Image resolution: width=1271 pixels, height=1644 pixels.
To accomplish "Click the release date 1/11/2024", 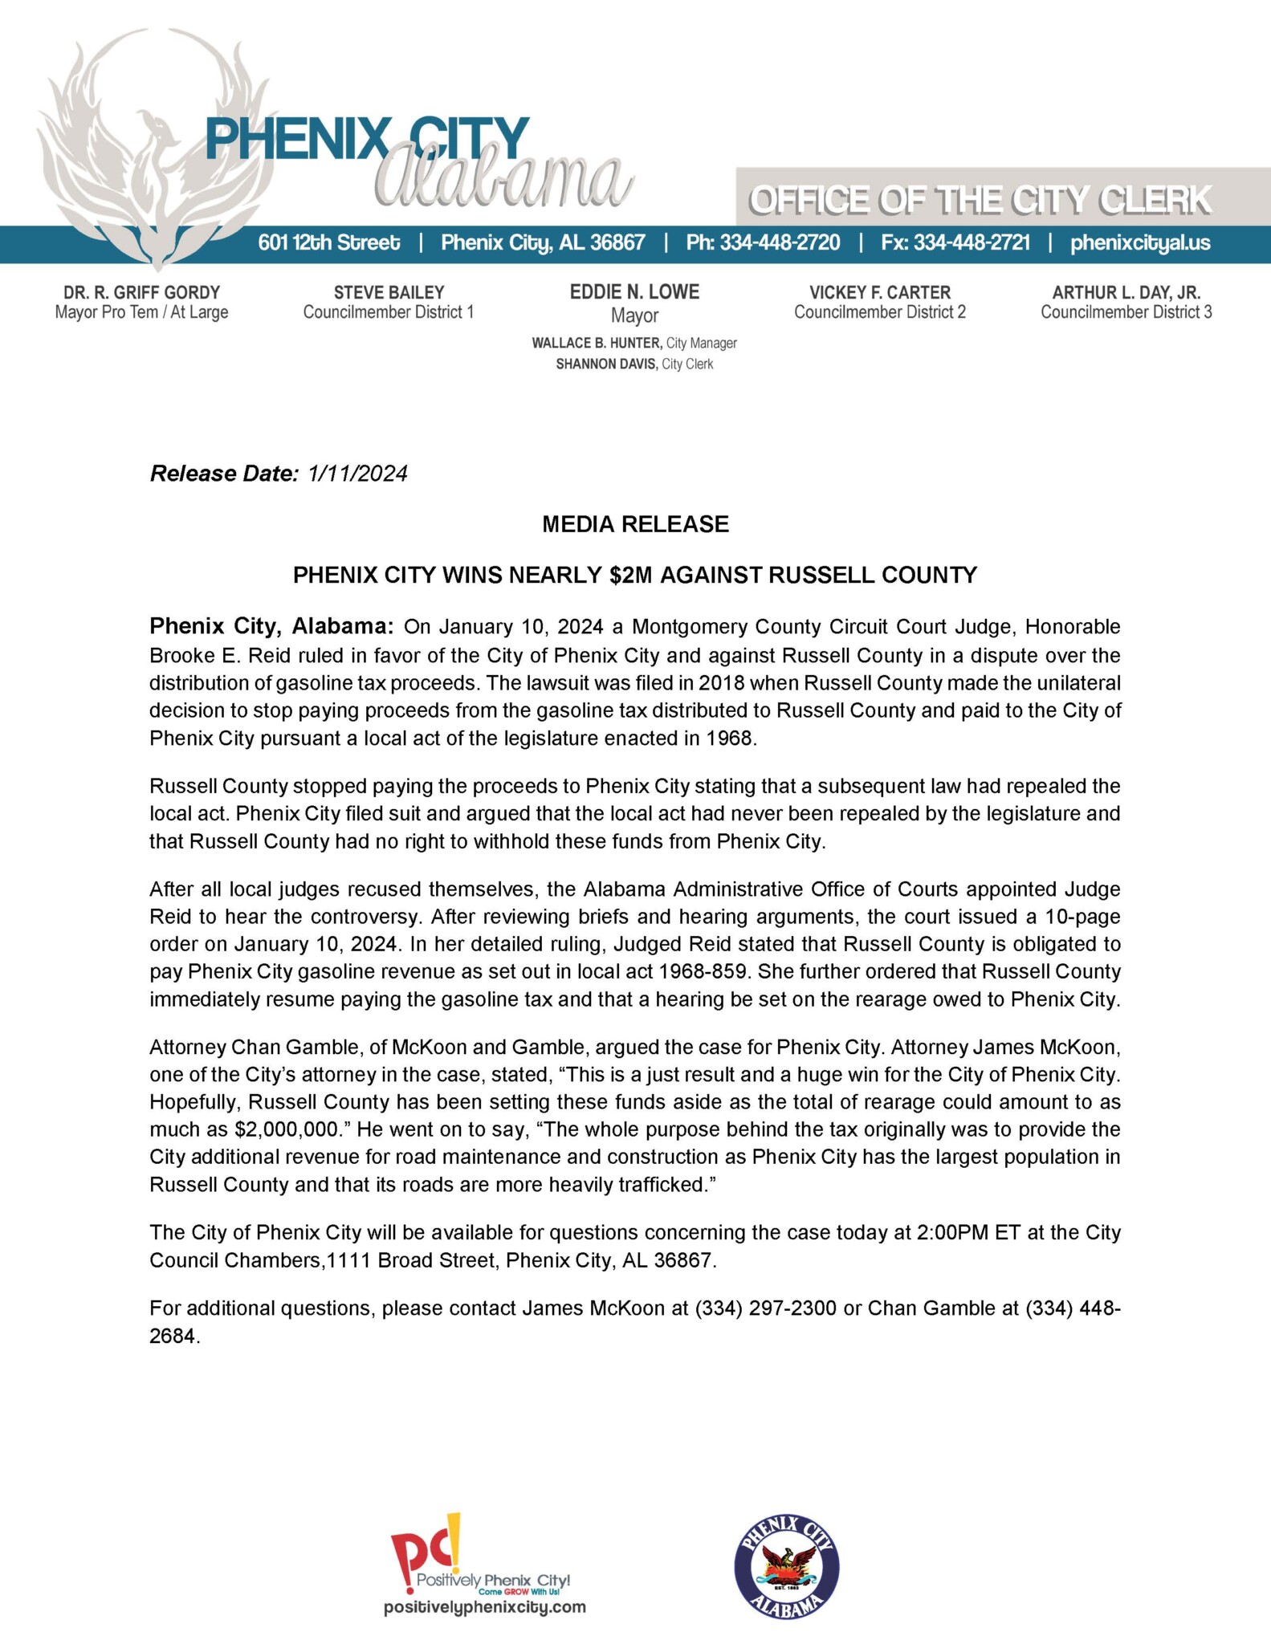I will (357, 474).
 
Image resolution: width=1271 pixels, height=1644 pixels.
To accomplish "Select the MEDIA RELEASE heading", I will (635, 524).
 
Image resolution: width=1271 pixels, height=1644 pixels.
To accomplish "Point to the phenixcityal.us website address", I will (1140, 242).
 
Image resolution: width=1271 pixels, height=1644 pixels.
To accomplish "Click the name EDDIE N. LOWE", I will (634, 292).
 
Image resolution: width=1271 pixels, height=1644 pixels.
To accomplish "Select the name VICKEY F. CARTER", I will (880, 292).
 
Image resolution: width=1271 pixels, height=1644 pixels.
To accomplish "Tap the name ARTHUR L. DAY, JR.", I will (1126, 292).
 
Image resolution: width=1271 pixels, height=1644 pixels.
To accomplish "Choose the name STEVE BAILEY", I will (389, 292).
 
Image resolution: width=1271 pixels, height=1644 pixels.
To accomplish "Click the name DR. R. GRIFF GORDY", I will (141, 292).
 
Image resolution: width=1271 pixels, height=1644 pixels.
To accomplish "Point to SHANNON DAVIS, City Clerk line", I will (634, 364).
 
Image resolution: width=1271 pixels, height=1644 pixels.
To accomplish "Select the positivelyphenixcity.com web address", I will (484, 1607).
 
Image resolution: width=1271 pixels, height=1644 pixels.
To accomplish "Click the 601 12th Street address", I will (329, 242).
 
